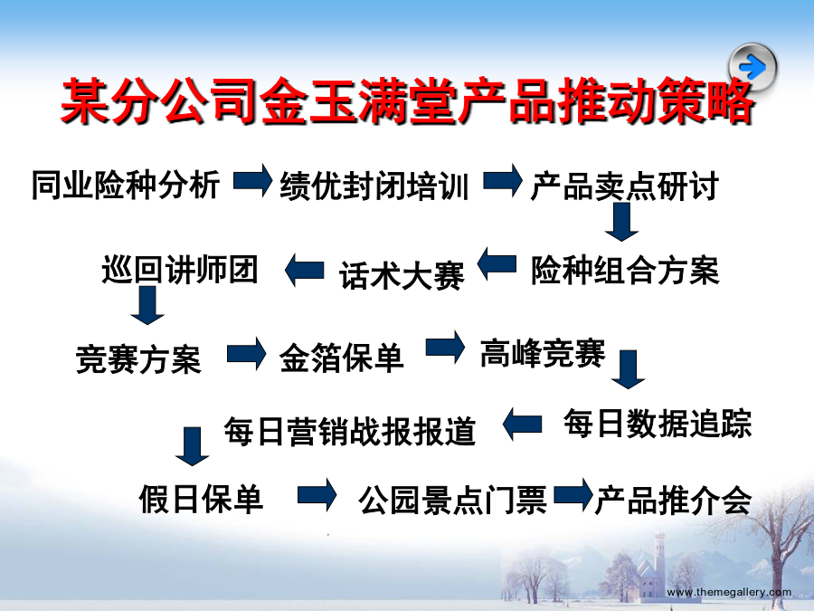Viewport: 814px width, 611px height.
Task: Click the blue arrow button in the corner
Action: [752, 67]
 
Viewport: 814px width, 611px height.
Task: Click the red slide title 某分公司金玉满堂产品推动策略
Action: [408, 101]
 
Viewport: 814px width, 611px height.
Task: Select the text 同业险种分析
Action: [126, 185]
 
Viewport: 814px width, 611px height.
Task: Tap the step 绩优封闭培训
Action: [374, 186]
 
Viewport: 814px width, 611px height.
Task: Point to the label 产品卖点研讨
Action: [624, 186]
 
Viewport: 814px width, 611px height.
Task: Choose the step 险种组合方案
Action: [625, 271]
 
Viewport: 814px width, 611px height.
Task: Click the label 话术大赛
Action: [402, 275]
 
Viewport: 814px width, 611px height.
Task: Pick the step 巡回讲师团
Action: [180, 270]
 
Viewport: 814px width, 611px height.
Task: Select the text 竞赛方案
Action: [138, 359]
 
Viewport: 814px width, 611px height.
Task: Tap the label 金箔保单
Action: [341, 358]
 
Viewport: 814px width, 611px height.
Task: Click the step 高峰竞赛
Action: [543, 353]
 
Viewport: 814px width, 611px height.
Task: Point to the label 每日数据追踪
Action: [658, 424]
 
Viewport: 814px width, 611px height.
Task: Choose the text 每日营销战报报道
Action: [350, 431]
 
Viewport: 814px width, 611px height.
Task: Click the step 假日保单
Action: [201, 499]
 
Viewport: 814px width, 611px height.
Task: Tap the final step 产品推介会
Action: [673, 501]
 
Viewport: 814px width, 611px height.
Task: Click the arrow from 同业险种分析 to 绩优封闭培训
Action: [253, 181]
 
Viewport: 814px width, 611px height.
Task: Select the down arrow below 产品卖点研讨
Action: [621, 222]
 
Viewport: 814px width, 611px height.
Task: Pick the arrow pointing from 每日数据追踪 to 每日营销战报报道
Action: [522, 425]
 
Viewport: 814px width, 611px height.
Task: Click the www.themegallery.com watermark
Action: [729, 592]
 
